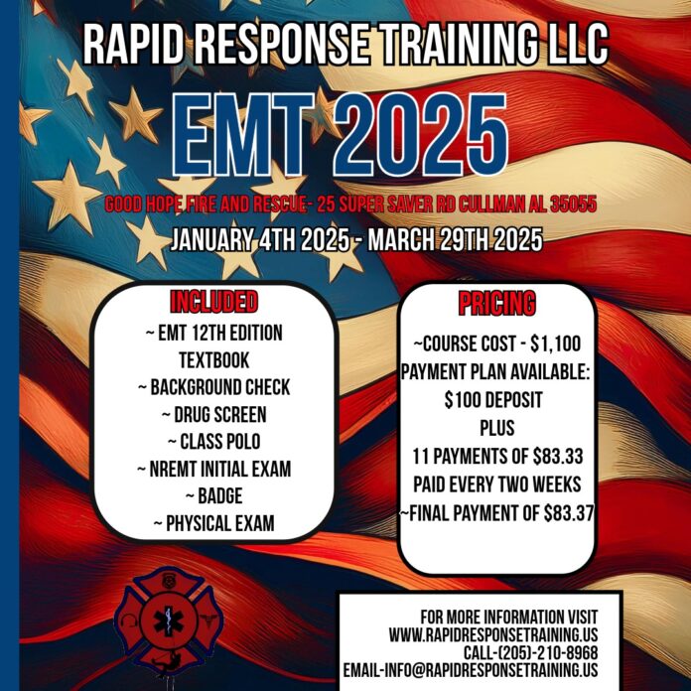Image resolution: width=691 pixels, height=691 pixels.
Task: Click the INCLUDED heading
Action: point(214,302)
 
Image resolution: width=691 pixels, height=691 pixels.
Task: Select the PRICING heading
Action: point(496,303)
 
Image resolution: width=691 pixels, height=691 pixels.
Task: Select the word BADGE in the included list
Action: point(223,495)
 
